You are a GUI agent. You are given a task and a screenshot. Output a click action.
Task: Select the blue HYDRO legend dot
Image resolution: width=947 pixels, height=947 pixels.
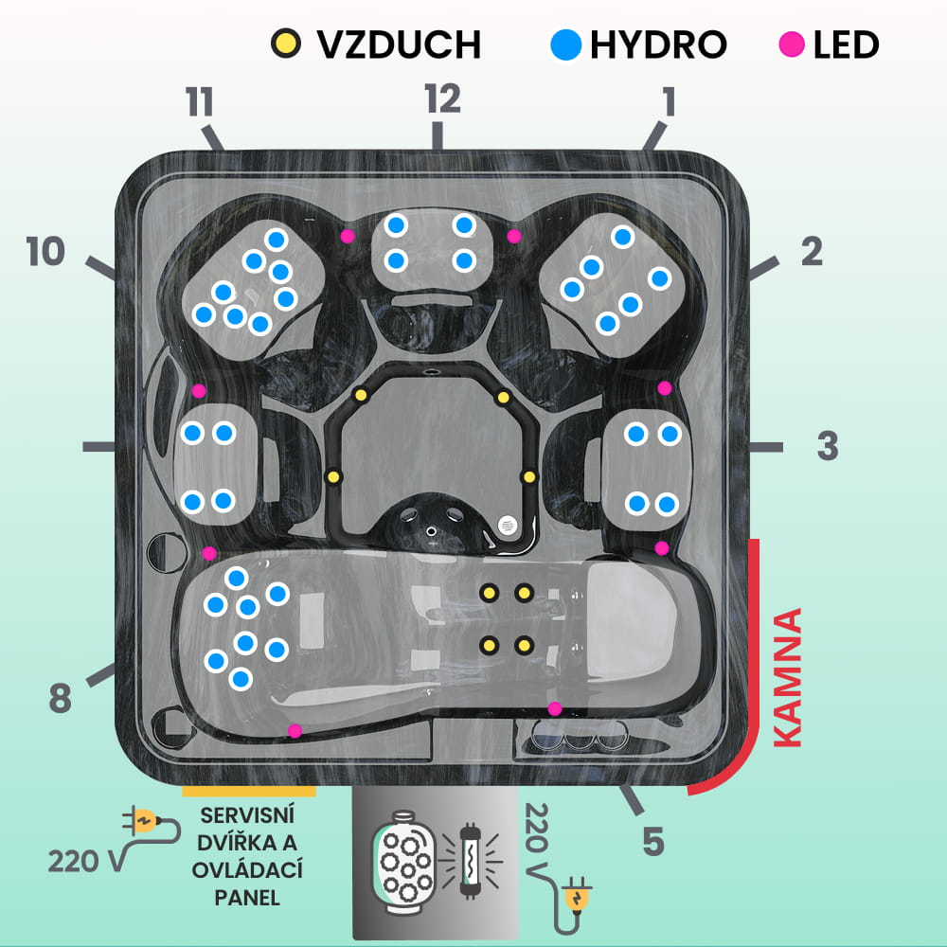tap(566, 43)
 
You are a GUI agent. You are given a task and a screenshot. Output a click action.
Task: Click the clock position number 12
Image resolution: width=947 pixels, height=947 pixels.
tap(442, 98)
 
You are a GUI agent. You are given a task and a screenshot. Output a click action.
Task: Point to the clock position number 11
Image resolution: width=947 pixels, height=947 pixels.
tap(200, 101)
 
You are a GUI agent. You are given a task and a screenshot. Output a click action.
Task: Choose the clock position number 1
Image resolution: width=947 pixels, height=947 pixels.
tap(669, 101)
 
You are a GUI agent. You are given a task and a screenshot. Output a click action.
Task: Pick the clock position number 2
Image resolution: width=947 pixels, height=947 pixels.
tap(812, 251)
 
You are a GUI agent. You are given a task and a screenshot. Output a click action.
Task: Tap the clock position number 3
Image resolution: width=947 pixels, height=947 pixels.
tap(828, 446)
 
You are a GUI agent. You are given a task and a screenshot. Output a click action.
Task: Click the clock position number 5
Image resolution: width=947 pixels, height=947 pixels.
tap(653, 840)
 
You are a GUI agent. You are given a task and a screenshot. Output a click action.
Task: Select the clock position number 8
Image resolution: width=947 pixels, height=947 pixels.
tap(60, 700)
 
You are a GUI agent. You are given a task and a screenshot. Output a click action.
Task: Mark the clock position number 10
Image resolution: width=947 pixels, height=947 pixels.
tap(45, 252)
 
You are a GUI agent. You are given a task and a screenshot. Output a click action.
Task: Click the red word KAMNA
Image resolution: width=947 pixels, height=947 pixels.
tap(788, 678)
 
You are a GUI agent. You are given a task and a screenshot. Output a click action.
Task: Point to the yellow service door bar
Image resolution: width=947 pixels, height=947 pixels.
tap(248, 789)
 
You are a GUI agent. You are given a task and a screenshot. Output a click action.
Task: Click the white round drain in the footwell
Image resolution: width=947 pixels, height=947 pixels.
tap(508, 524)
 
